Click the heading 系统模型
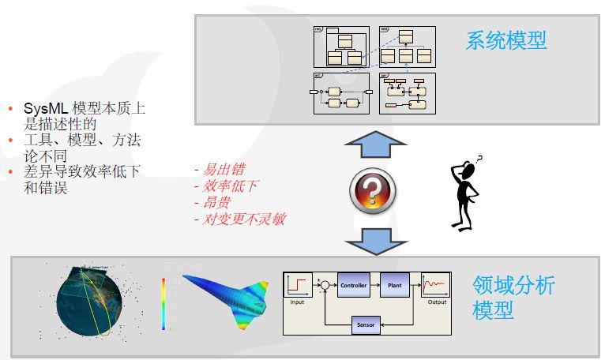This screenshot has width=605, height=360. pyautogui.click(x=506, y=41)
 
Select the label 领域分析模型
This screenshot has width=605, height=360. pyautogui.click(x=513, y=297)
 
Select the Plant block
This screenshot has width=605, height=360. pyautogui.click(x=396, y=284)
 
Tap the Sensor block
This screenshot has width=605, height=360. pyautogui.click(x=366, y=323)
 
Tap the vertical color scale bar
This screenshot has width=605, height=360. pyautogui.click(x=163, y=303)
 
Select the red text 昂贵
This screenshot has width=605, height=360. pyautogui.click(x=212, y=202)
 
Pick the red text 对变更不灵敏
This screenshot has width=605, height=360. pyautogui.click(x=242, y=219)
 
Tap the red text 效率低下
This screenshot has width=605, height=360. pyautogui.click(x=227, y=186)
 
